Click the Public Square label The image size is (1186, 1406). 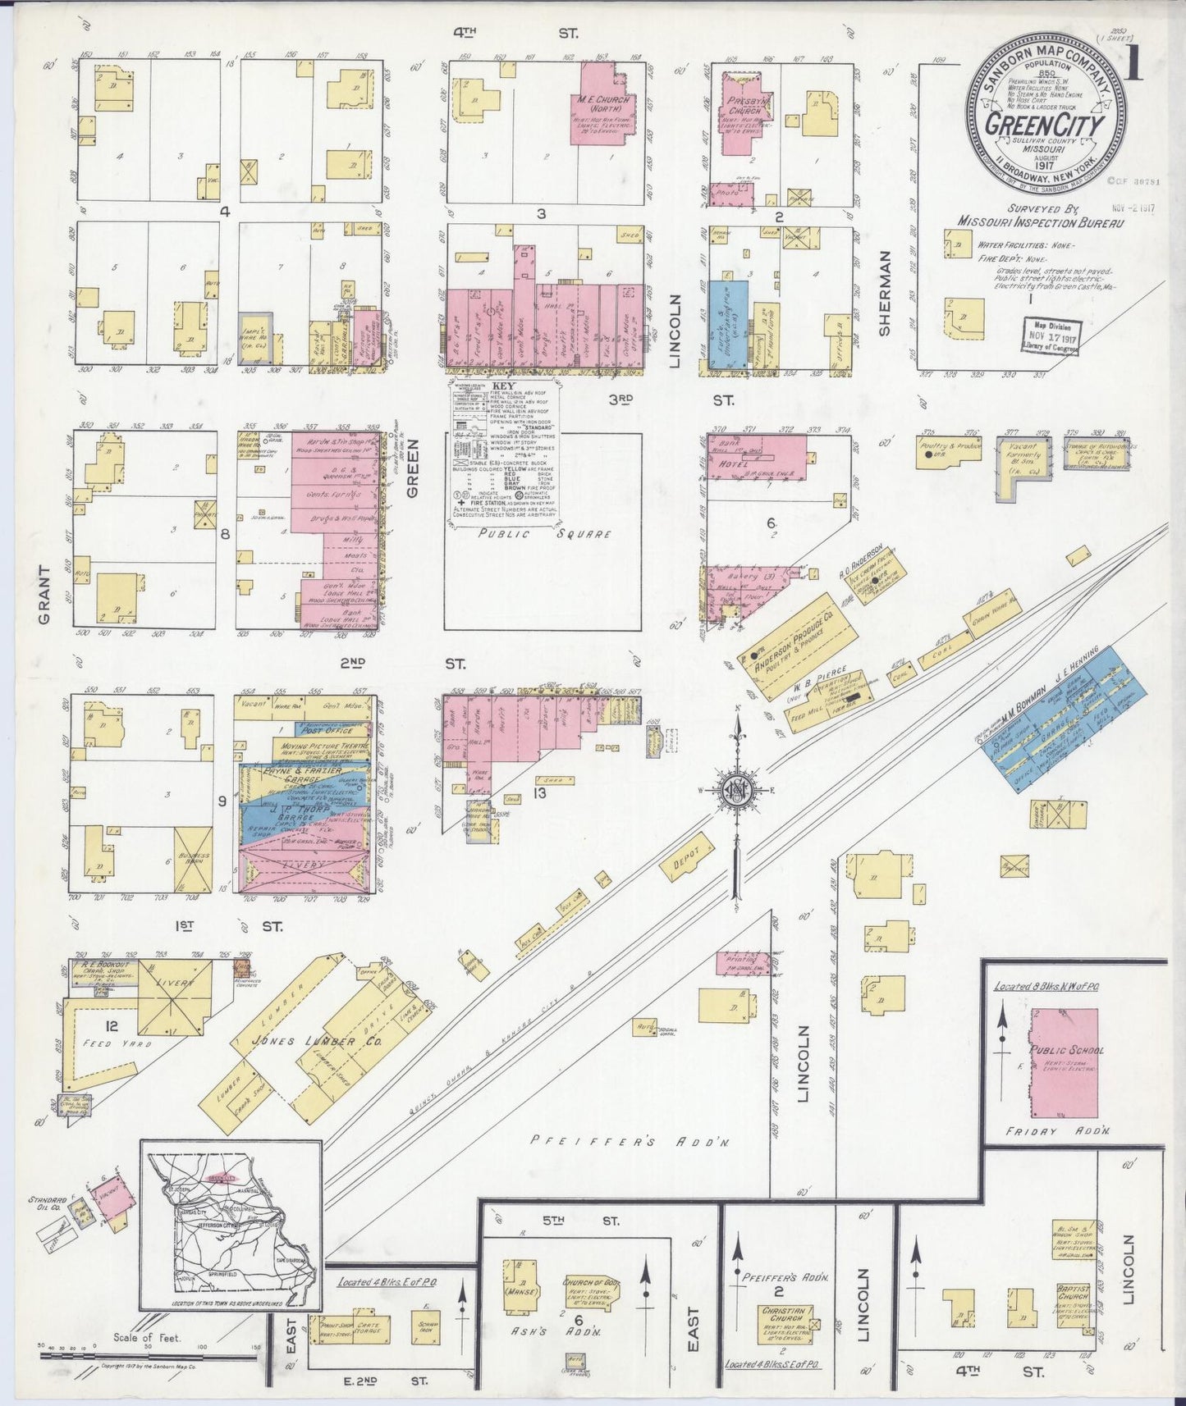pos(544,533)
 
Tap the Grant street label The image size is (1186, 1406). pos(44,595)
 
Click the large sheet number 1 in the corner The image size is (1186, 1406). pos(1136,66)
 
